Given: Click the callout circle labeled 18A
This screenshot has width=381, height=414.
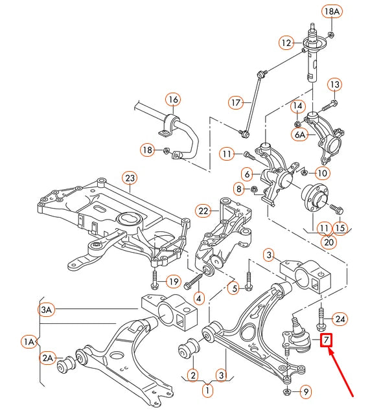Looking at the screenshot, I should click(x=331, y=12).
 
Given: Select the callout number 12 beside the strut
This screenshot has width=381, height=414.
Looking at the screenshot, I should click(x=287, y=43).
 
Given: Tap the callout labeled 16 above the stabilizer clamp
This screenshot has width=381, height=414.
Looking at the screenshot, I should click(x=172, y=100).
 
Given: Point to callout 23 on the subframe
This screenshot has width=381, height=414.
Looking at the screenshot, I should click(x=129, y=178).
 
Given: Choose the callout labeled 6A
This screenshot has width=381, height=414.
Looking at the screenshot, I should click(x=301, y=135).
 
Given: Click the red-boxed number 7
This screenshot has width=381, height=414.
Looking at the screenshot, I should click(x=327, y=339).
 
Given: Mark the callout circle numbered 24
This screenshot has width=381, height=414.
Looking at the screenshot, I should click(x=340, y=318).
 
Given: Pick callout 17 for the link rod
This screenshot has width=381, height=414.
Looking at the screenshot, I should click(x=236, y=102).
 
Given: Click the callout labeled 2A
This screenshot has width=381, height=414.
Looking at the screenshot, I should click(x=48, y=357).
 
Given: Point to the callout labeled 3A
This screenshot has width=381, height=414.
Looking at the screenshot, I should click(x=47, y=310).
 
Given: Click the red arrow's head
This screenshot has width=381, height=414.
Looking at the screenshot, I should click(x=329, y=351).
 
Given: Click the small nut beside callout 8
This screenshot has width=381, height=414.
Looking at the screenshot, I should click(x=255, y=189).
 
